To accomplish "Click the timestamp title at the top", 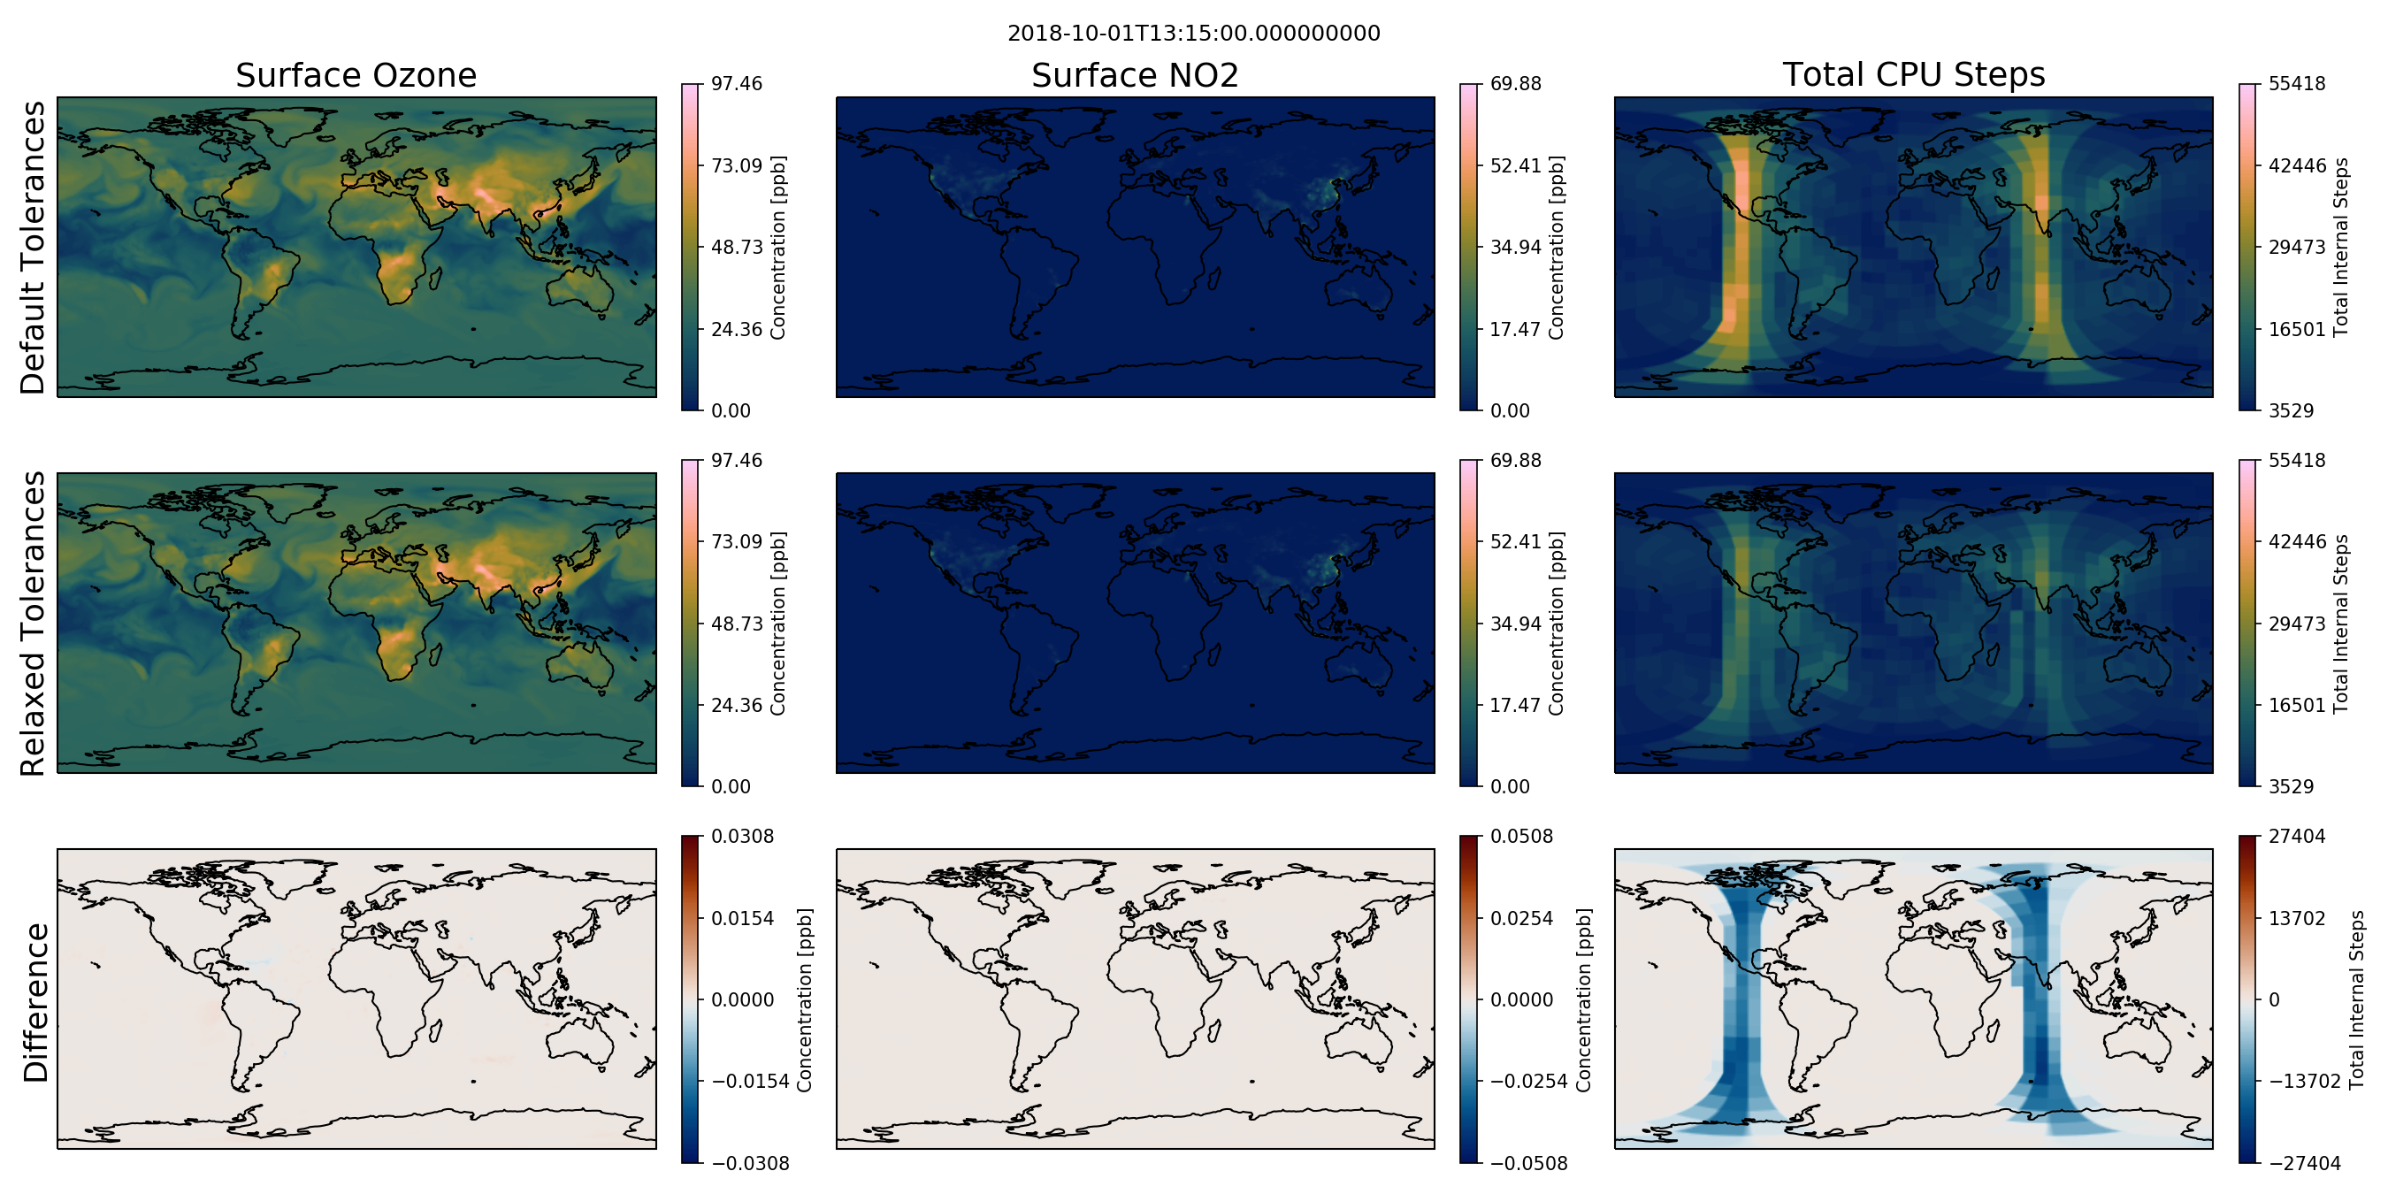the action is (1193, 34).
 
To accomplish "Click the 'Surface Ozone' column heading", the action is (356, 75).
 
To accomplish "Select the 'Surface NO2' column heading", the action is (1135, 75).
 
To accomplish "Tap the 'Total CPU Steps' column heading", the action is (1913, 74).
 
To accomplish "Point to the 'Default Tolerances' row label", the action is (33, 248).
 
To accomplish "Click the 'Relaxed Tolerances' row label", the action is (33, 623).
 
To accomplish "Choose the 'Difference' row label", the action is (35, 1002).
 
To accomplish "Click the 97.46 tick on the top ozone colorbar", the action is (736, 83).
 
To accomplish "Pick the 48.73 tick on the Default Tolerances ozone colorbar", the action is (736, 247).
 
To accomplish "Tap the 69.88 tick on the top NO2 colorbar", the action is (1516, 83).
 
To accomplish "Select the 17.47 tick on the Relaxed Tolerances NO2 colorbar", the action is (1516, 705).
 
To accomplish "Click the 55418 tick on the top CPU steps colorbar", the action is (2297, 83).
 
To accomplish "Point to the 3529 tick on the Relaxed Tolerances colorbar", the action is (2292, 786).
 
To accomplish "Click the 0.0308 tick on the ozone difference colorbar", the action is (743, 836).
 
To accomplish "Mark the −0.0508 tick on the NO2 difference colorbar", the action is (1528, 1162).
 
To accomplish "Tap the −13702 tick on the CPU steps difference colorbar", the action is (2305, 1081).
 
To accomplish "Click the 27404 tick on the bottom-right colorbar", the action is (2297, 836).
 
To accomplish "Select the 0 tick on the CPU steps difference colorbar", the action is (2274, 999).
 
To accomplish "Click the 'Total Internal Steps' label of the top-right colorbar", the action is (2342, 247).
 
